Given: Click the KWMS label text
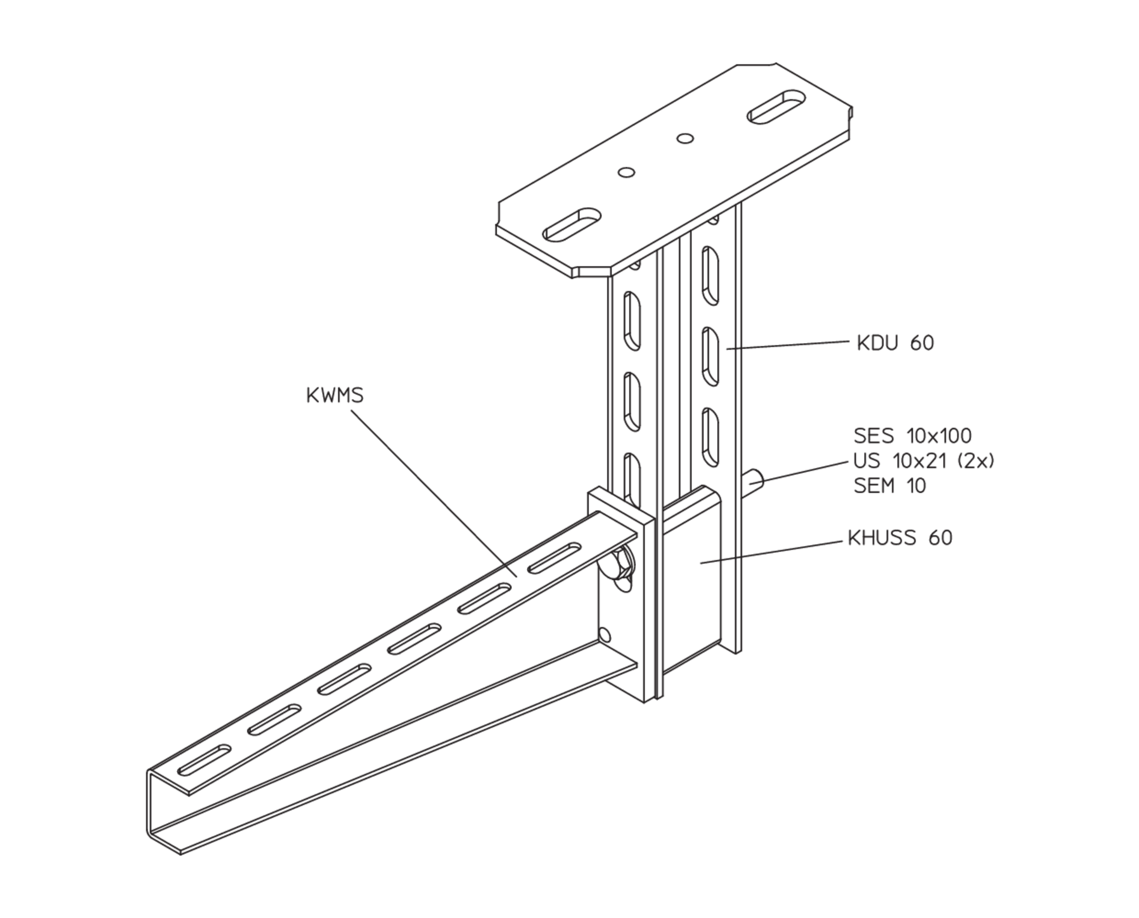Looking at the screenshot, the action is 335,396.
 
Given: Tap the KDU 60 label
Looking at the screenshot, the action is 896,343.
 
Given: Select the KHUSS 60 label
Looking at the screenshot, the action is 900,538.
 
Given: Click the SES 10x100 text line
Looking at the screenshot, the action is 913,436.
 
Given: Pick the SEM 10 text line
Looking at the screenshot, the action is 890,486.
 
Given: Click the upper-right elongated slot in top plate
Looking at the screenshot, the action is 777,107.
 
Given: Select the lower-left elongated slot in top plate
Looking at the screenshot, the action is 573,224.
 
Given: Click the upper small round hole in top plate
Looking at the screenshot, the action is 686,139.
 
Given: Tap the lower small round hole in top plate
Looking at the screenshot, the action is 627,172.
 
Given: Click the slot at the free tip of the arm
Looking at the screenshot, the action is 204,760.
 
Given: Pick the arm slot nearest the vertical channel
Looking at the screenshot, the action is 554,558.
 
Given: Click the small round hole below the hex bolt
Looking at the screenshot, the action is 604,635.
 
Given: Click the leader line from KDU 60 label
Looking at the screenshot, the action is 788,345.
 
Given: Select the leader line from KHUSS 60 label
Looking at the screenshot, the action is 772,552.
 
